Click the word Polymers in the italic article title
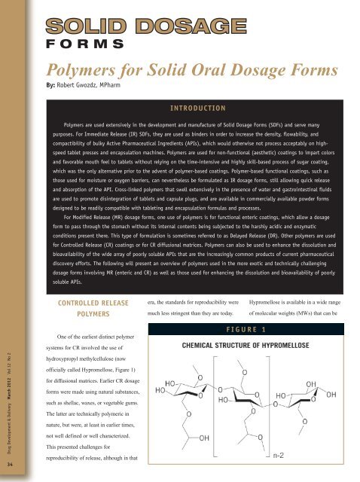coord(76,71)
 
